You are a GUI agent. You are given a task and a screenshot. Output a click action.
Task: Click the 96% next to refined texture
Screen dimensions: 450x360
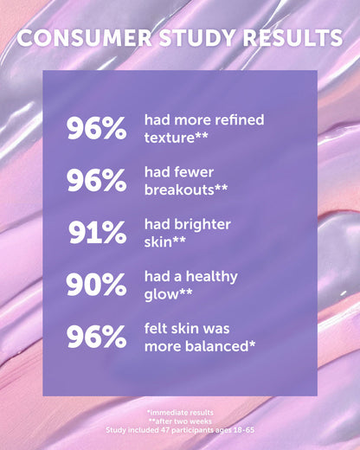click(x=96, y=128)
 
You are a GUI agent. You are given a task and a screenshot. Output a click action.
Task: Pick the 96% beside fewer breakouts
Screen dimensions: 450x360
click(x=96, y=180)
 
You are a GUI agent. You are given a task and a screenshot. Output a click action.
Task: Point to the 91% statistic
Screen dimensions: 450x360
click(x=97, y=232)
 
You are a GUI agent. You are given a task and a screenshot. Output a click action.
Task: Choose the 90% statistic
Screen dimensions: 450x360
click(x=96, y=285)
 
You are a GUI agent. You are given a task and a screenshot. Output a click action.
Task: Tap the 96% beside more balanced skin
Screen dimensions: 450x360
click(x=96, y=337)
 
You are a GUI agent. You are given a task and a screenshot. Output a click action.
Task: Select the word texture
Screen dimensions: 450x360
click(x=170, y=137)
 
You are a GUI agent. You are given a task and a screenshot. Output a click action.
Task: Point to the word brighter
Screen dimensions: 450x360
click(x=202, y=223)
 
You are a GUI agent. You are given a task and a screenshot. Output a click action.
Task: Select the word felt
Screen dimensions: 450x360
click(x=157, y=329)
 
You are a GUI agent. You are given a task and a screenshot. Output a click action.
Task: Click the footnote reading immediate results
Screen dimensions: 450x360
click(x=180, y=412)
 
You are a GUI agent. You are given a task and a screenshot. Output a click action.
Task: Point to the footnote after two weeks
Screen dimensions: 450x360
click(x=180, y=421)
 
